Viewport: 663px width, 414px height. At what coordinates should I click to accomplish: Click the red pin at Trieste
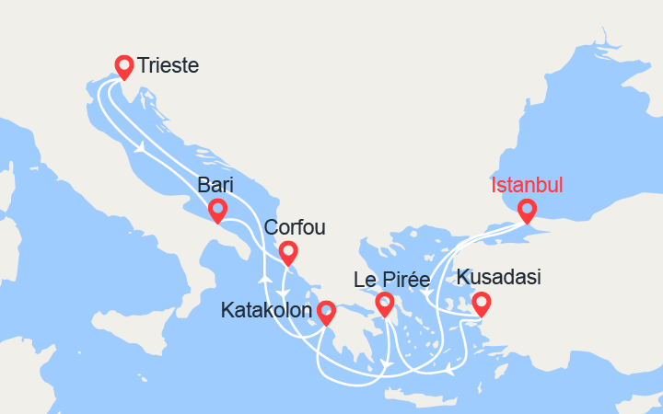(x=123, y=65)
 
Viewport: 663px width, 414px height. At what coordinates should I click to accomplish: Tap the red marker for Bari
(x=217, y=211)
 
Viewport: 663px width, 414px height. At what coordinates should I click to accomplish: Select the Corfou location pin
(x=287, y=251)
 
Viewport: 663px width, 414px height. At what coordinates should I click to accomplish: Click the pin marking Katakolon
(x=326, y=313)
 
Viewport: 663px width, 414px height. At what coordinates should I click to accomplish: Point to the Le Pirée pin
(x=385, y=303)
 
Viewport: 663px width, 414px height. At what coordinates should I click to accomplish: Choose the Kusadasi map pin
(x=481, y=302)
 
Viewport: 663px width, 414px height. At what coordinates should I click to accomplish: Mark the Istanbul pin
(x=527, y=210)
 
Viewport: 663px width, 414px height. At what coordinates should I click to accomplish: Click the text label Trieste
(x=169, y=65)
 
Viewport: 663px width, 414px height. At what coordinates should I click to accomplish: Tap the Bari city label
(x=215, y=185)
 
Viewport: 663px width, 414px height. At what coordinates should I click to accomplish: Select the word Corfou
(x=295, y=227)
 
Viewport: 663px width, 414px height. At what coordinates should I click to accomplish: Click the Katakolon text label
(x=267, y=312)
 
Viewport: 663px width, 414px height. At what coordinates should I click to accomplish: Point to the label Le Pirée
(x=392, y=279)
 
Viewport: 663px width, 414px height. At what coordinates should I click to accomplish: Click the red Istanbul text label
(x=527, y=185)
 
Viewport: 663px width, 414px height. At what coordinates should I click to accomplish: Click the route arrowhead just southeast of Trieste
(x=140, y=147)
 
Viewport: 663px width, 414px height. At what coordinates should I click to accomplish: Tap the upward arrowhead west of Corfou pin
(x=263, y=277)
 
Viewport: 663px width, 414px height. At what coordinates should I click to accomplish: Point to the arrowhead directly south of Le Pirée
(x=388, y=366)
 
